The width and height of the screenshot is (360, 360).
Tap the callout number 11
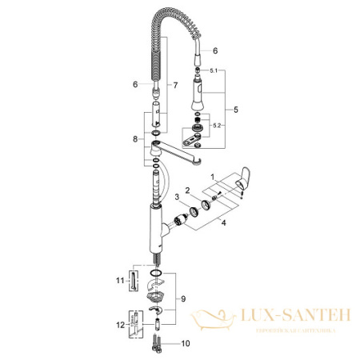point(119,279)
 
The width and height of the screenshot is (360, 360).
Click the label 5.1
point(211,71)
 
